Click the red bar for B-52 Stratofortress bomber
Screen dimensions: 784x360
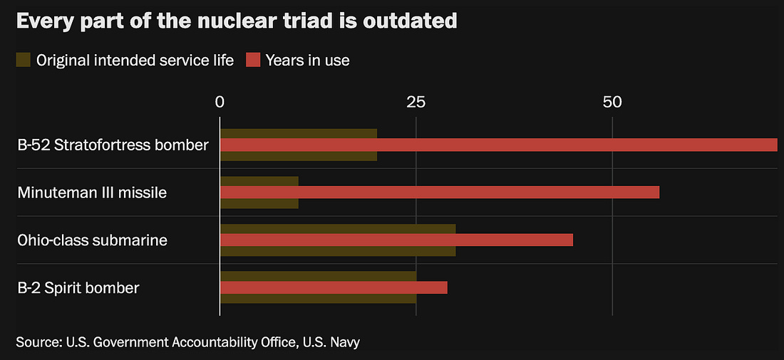click(x=498, y=145)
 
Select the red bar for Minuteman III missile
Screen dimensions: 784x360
click(x=440, y=192)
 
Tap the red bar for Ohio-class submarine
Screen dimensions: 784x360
click(x=396, y=240)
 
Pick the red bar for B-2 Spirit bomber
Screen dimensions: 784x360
click(x=334, y=287)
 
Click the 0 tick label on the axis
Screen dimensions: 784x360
click(x=220, y=102)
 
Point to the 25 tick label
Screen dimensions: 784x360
click(x=416, y=102)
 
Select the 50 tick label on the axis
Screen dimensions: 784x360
click(x=612, y=102)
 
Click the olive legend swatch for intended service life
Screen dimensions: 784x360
click(x=24, y=59)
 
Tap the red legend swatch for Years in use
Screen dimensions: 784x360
click(x=253, y=59)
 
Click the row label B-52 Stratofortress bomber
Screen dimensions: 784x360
click(x=113, y=145)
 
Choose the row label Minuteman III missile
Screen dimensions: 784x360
click(x=92, y=192)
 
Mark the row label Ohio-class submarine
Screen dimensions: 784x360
click(x=92, y=240)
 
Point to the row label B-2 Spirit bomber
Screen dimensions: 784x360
click(x=78, y=288)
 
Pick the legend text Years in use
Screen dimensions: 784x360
click(x=307, y=60)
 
